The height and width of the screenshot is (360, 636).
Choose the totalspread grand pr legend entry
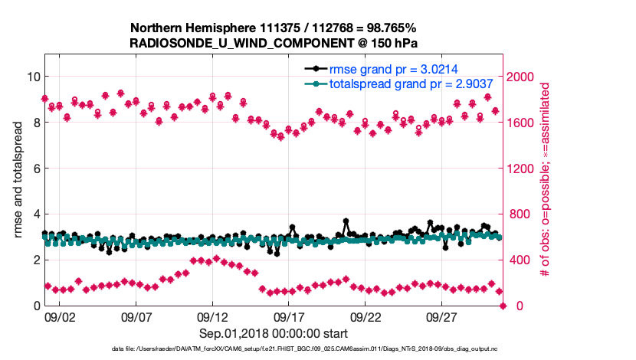[x=405, y=84]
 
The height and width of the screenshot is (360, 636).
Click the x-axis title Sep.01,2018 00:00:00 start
[x=274, y=333]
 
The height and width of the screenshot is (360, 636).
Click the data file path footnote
[x=274, y=349]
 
